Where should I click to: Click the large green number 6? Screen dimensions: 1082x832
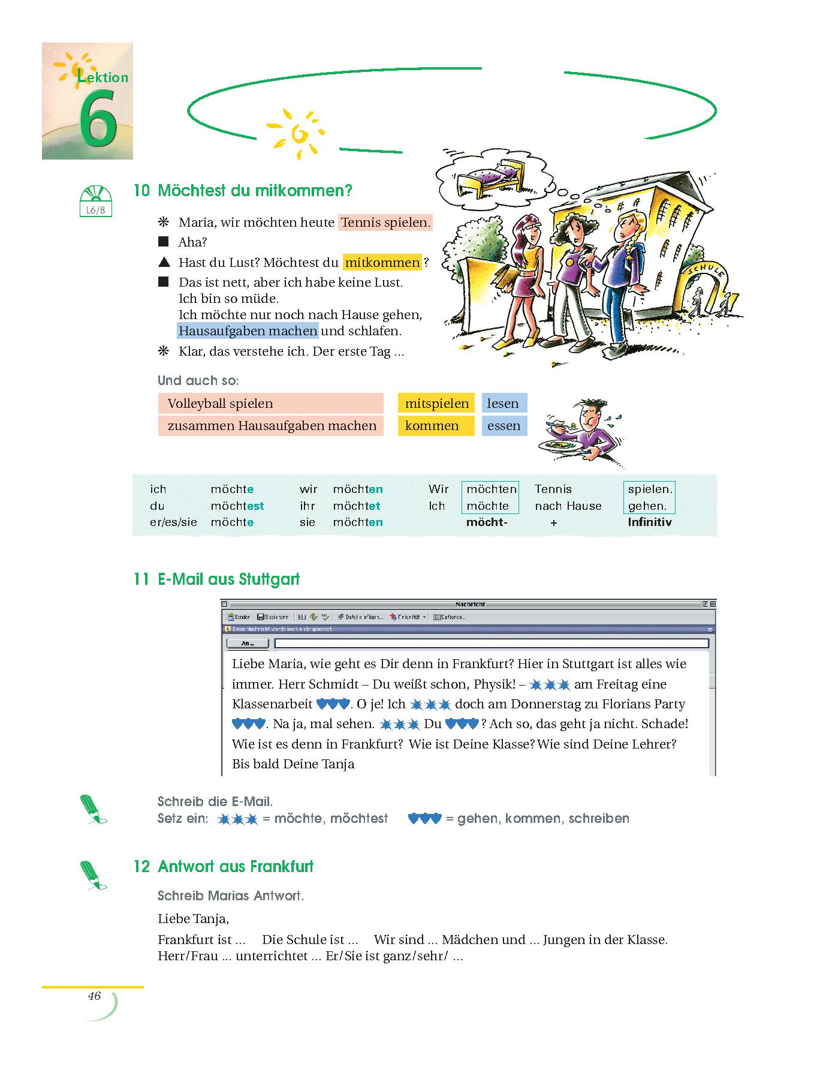[97, 119]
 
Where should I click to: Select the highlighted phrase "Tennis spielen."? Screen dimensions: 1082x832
[385, 223]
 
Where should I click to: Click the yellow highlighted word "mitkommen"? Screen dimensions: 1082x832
[382, 263]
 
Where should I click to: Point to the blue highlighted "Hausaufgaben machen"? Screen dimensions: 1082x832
[248, 331]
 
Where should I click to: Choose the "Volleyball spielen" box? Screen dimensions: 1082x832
[270, 404]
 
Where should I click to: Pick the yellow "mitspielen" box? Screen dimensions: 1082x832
[436, 404]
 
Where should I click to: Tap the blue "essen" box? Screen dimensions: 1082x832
[504, 426]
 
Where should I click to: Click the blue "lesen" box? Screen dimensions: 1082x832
[504, 404]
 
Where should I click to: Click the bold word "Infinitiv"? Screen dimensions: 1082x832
[649, 522]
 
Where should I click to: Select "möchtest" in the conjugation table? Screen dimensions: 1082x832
[237, 506]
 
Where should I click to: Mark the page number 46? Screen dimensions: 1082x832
[94, 996]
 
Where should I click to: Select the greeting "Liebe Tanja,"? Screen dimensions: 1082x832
[194, 919]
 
